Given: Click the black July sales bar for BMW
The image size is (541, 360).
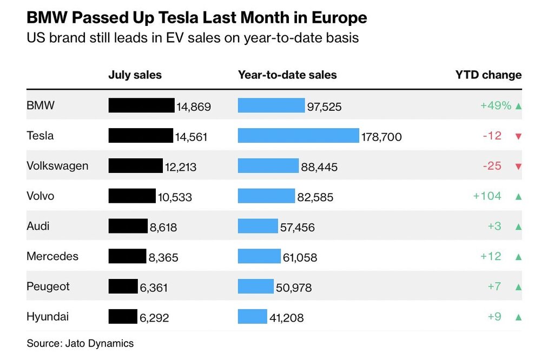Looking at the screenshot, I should click(141, 105).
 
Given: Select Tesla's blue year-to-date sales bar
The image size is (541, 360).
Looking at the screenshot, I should click(298, 136).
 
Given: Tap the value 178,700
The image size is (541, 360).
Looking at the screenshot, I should click(381, 137).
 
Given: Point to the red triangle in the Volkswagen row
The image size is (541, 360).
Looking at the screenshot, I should click(518, 166).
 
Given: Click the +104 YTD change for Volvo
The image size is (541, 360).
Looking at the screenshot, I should click(487, 196).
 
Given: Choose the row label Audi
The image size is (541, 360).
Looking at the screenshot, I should click(37, 226).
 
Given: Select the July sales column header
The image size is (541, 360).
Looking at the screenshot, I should click(135, 75).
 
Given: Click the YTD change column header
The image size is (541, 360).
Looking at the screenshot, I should click(488, 75).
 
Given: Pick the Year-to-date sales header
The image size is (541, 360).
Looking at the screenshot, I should click(287, 75).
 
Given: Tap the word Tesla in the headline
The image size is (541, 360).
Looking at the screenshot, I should click(175, 18).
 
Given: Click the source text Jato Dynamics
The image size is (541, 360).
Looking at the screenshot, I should click(100, 343).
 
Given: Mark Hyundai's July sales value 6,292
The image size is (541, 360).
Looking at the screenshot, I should click(154, 318).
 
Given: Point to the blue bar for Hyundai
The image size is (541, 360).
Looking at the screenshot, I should click(252, 316).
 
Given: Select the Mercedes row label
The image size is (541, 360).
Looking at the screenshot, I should click(52, 256).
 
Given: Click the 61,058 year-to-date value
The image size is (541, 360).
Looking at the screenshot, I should click(300, 257).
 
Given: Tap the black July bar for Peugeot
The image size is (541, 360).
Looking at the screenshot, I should click(123, 286).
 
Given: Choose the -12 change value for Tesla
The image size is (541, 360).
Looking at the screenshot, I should click(492, 136).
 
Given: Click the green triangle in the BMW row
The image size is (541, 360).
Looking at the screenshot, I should click(518, 106).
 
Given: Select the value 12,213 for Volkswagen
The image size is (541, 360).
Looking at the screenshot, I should click(181, 167).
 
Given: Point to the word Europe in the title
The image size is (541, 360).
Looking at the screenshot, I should click(339, 18).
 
